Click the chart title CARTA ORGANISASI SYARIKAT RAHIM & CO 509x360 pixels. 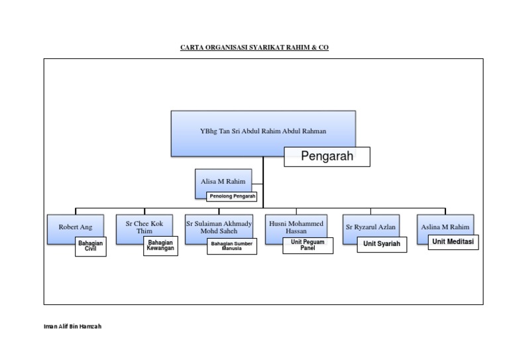tap(254, 48)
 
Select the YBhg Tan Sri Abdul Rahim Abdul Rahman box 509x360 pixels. tap(262, 131)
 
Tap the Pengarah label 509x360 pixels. tap(327, 157)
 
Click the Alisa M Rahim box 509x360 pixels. tap(223, 181)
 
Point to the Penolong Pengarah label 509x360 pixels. tap(232, 196)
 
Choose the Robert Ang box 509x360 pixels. tap(75, 227)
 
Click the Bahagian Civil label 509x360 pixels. tap(90, 247)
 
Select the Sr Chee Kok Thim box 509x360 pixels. tap(144, 227)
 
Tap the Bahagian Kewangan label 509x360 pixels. tap(160, 246)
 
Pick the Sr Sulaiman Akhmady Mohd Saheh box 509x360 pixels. tap(219, 227)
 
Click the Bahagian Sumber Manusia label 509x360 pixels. tap(231, 247)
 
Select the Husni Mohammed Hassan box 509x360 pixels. tap(296, 227)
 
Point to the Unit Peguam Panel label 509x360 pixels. tap(307, 245)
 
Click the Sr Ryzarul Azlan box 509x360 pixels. tap(370, 227)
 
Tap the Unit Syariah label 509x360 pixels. tap(382, 244)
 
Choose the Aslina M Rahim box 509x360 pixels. tap(445, 227)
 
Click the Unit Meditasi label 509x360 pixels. tap(453, 242)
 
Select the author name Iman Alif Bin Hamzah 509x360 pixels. tap(72, 327)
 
